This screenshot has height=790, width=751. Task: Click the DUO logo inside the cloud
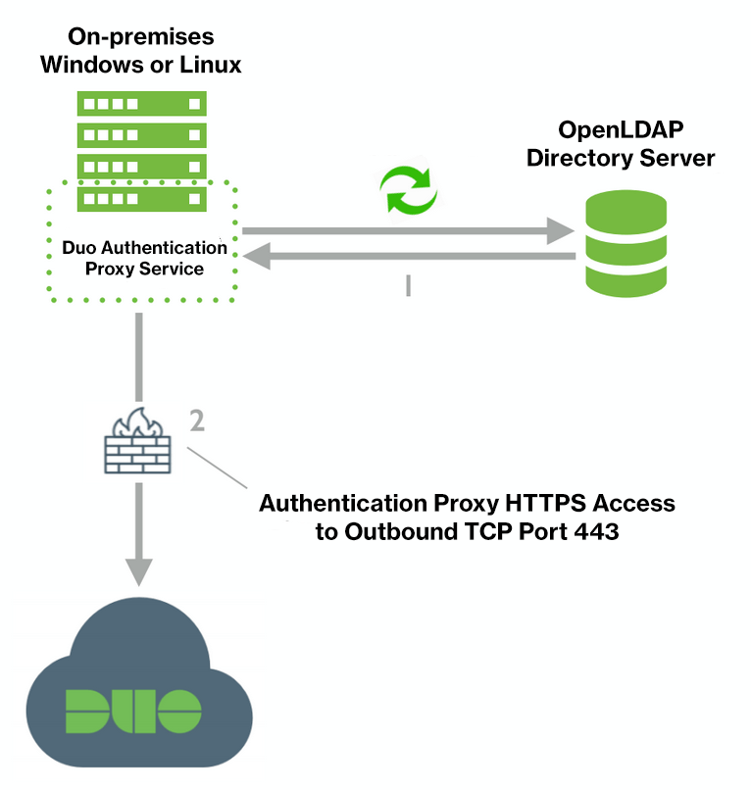[133, 711]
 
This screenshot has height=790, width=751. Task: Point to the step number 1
[408, 285]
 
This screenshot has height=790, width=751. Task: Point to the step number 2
[196, 420]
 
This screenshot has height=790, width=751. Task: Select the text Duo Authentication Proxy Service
[144, 258]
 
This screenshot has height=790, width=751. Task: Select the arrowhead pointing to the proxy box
[258, 258]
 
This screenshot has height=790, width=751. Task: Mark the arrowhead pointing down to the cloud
[141, 571]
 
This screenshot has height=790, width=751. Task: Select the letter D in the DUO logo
[85, 711]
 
